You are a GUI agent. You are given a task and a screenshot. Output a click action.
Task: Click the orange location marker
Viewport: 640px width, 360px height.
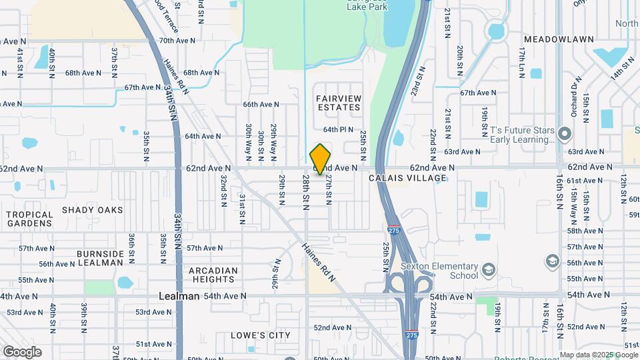point(321,159)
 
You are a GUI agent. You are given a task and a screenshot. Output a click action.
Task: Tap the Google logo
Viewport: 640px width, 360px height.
point(22,352)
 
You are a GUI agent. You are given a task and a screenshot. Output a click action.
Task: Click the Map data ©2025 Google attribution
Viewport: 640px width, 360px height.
point(599,355)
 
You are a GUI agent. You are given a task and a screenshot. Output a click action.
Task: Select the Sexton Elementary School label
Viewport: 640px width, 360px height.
point(439,271)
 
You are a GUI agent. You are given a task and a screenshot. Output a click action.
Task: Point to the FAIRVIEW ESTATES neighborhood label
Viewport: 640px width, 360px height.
point(339,103)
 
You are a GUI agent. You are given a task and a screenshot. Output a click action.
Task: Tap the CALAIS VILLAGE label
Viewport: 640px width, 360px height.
point(407,178)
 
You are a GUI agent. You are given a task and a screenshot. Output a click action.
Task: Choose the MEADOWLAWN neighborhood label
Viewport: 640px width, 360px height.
point(559,39)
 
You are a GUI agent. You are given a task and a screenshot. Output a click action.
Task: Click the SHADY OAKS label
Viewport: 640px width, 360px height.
point(93,209)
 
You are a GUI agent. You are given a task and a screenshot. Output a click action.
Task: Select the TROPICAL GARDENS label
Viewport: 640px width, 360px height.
point(29,219)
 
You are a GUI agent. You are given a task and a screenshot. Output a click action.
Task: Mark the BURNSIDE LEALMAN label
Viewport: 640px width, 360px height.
point(100,258)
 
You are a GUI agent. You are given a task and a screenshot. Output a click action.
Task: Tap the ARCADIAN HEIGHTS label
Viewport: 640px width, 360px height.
point(213,275)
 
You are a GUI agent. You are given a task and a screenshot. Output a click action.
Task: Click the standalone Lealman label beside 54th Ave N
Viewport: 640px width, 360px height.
point(179,295)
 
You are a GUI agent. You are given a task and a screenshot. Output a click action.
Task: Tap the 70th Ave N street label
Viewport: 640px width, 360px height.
point(177,41)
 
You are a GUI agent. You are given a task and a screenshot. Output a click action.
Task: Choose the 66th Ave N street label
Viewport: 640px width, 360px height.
point(261,104)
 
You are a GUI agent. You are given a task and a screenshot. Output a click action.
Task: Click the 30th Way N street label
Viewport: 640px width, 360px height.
point(248,139)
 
